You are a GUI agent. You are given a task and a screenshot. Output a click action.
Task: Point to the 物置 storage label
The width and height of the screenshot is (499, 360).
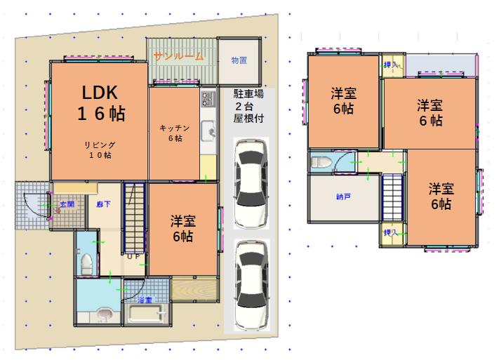[x=239, y=61]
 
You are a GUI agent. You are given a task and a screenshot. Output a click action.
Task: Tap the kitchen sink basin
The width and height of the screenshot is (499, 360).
[x=208, y=131]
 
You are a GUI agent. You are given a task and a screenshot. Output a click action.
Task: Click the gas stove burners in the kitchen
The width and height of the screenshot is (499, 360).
[x=207, y=99]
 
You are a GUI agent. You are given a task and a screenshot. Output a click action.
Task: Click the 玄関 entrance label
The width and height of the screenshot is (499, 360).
[x=66, y=204]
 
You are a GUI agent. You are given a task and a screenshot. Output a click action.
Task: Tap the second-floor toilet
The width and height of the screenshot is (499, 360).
[x=320, y=163]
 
